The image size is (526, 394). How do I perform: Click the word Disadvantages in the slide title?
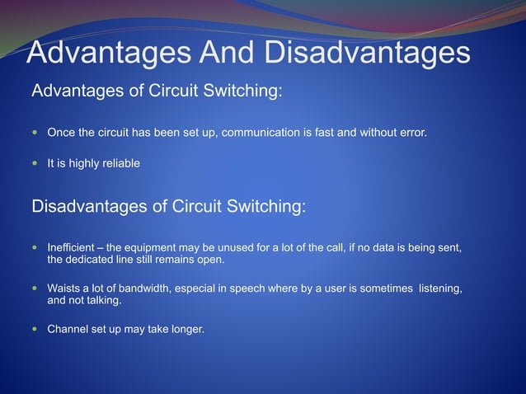tap(367, 54)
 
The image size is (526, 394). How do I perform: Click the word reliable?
tap(120, 163)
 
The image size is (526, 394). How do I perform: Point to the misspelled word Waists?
tap(65, 288)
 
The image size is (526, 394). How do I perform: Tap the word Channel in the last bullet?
tap(69, 330)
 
